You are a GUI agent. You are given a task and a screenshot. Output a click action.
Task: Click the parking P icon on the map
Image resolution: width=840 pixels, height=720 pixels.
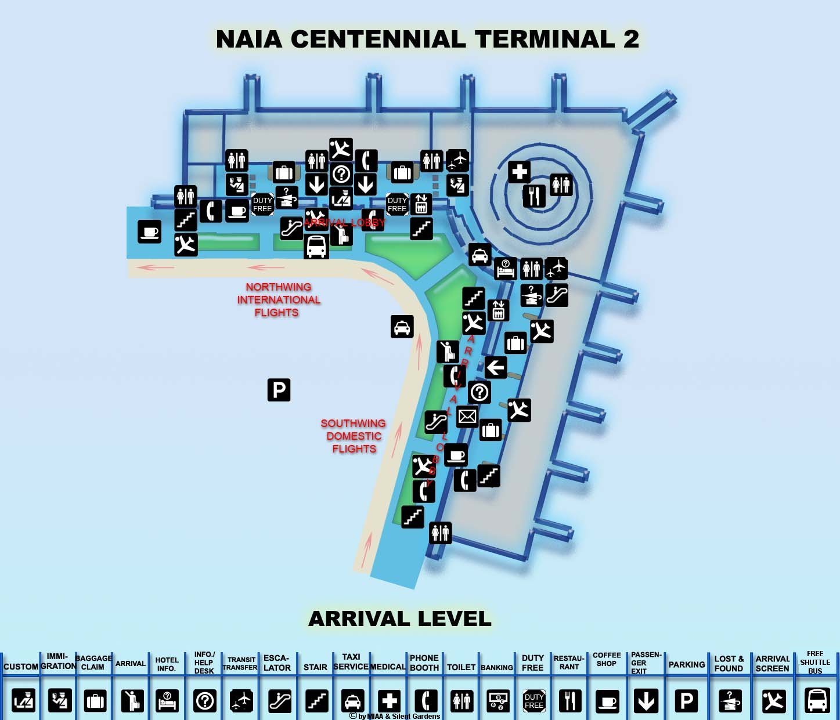279,390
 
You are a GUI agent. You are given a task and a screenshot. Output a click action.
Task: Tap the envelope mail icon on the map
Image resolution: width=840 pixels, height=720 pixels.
467,416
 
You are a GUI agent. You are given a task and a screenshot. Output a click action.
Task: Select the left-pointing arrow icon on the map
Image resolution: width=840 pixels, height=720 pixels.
495,367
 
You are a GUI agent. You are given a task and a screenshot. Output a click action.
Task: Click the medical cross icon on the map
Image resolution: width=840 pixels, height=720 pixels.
520,172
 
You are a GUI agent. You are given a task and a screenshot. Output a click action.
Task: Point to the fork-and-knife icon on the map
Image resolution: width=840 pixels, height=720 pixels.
534,196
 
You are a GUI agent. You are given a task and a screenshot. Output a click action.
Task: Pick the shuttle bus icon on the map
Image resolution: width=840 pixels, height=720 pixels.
316,247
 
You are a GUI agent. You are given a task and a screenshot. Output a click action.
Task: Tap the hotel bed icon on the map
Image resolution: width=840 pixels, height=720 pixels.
505,269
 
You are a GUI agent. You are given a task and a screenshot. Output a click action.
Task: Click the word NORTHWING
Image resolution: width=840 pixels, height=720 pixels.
278,287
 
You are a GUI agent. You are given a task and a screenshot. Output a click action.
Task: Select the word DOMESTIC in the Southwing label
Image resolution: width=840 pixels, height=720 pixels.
354,436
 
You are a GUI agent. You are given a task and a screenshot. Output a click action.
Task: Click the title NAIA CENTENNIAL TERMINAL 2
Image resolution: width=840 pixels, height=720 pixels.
427,39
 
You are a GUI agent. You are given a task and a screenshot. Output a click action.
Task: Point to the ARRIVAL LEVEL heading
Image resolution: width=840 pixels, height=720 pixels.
400,619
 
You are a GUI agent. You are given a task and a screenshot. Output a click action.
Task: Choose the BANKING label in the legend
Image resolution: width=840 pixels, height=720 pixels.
497,668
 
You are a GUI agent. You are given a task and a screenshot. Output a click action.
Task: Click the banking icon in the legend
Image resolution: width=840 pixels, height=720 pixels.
497,701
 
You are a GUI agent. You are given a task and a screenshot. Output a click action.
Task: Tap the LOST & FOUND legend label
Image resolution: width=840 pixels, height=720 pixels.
729,663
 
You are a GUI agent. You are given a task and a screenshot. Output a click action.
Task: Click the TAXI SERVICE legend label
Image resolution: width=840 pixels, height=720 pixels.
351,662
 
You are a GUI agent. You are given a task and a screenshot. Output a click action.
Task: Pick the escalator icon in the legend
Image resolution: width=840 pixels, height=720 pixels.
280,701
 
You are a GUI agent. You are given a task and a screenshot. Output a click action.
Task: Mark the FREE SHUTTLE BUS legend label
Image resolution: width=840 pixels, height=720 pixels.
815,662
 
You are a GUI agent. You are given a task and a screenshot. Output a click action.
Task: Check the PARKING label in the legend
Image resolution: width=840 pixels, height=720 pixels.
687,665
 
